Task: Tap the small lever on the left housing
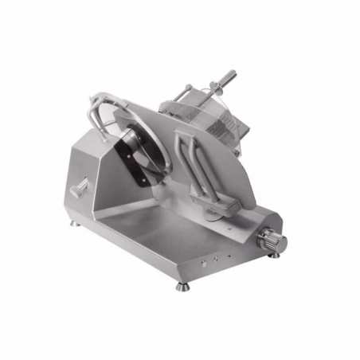point(80,190)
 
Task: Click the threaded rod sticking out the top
point(225,78)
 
